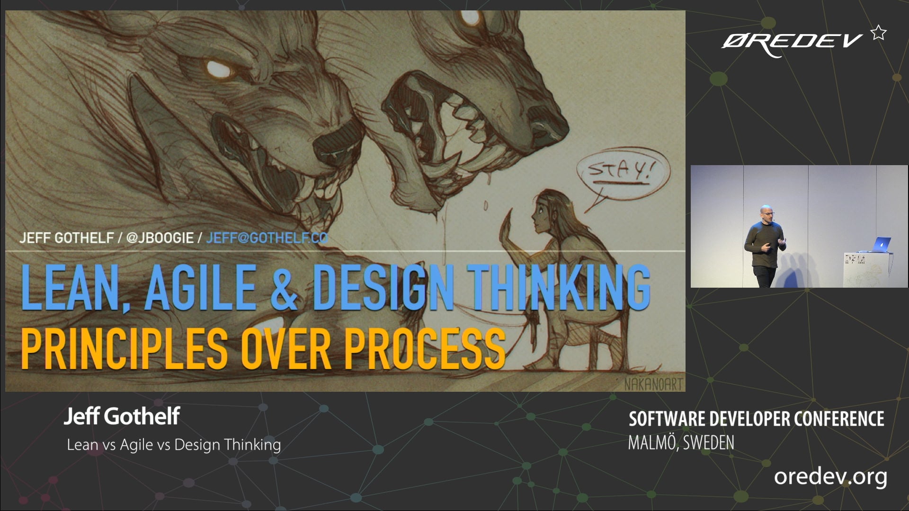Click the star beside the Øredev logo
click(x=879, y=33)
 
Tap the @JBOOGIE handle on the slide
click(x=160, y=238)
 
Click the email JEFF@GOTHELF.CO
click(x=267, y=238)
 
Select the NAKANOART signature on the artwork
click(x=653, y=384)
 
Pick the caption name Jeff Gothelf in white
click(x=122, y=416)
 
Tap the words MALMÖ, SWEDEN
click(x=681, y=443)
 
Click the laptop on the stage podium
click(x=880, y=245)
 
